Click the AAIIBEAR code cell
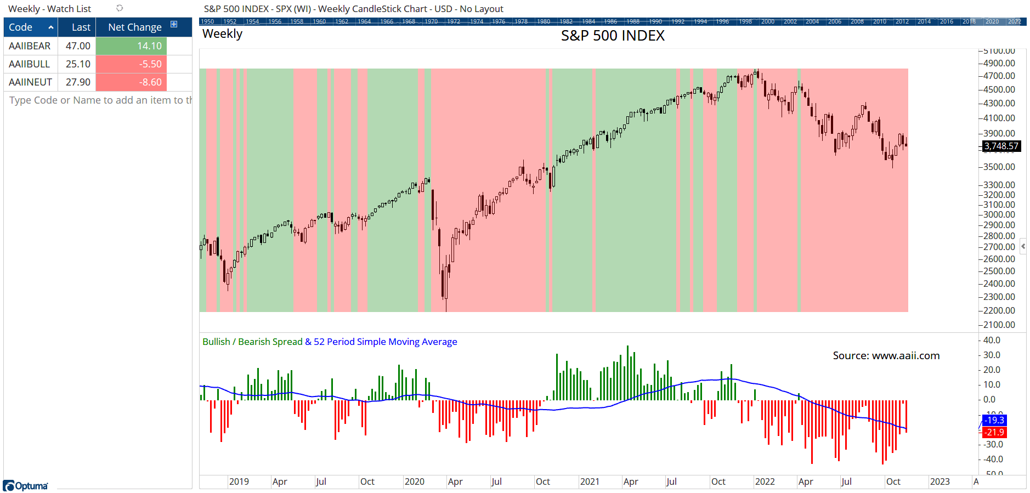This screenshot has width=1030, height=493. point(30,46)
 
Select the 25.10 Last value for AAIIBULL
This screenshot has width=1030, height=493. point(78,64)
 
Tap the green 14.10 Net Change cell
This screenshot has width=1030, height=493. point(132,46)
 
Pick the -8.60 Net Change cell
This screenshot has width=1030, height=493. point(132,82)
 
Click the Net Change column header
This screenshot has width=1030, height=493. point(135,27)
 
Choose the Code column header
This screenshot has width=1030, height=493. point(21,27)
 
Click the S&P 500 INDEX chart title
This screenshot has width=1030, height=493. point(613,36)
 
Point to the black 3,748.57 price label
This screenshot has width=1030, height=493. point(1001,146)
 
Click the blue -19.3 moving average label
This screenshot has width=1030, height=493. point(994,420)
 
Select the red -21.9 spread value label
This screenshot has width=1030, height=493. point(994,432)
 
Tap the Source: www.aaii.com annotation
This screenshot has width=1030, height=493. point(886,355)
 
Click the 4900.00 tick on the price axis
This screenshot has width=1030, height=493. point(999,63)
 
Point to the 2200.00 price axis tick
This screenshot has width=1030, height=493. point(999,310)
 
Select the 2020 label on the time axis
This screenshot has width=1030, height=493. point(414,481)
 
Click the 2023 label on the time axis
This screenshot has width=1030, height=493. point(940,481)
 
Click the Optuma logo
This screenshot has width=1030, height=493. point(26,486)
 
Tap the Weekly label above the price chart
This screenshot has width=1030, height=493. point(222,34)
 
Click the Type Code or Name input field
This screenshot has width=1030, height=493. point(99,100)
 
